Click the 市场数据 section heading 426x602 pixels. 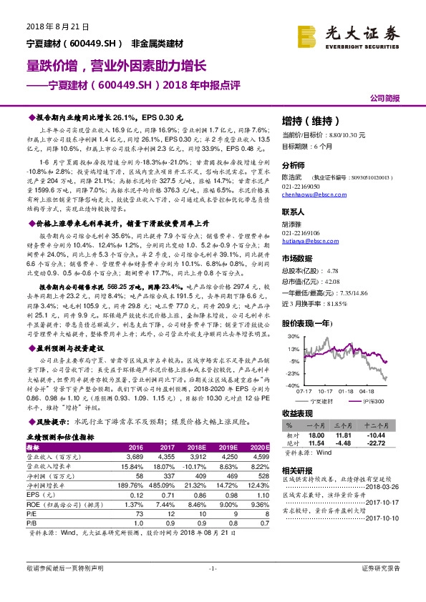pos(299,257)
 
